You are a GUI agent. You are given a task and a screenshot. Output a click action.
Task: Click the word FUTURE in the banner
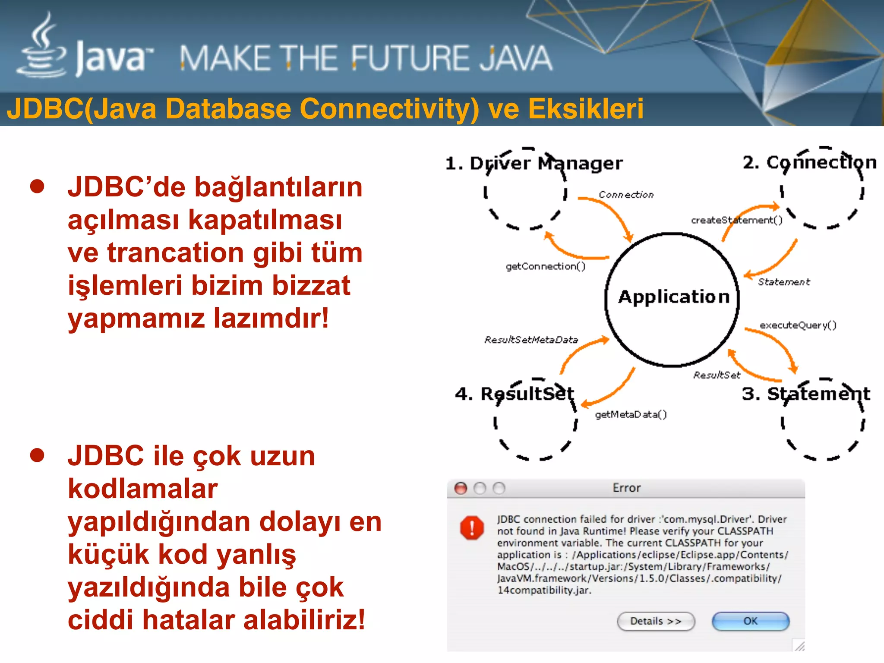(x=410, y=59)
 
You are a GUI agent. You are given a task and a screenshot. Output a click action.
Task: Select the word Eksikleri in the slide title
(x=586, y=108)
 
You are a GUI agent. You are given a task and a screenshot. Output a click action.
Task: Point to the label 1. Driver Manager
(x=534, y=164)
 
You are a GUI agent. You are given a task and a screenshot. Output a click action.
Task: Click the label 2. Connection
(x=809, y=163)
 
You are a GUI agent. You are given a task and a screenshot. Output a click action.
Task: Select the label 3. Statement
(x=806, y=394)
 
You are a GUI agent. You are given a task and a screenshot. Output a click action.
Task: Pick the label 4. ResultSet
(x=515, y=394)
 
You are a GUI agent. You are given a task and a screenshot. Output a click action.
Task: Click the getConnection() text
(x=546, y=266)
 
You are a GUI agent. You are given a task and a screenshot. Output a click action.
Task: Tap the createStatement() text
(x=736, y=220)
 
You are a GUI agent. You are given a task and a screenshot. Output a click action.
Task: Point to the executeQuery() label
(x=798, y=325)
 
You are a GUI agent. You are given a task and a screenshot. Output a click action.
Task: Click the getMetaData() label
(x=631, y=414)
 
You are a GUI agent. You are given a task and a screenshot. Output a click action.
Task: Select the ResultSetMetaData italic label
(x=531, y=340)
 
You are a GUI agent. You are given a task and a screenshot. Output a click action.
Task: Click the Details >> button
(x=656, y=621)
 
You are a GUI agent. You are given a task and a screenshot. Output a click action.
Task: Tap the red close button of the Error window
(x=461, y=488)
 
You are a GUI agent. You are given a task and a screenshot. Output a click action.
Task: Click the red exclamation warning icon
(x=472, y=527)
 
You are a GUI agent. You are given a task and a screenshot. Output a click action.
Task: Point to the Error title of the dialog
(x=626, y=488)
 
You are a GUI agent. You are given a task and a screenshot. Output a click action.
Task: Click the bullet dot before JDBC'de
(x=38, y=186)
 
